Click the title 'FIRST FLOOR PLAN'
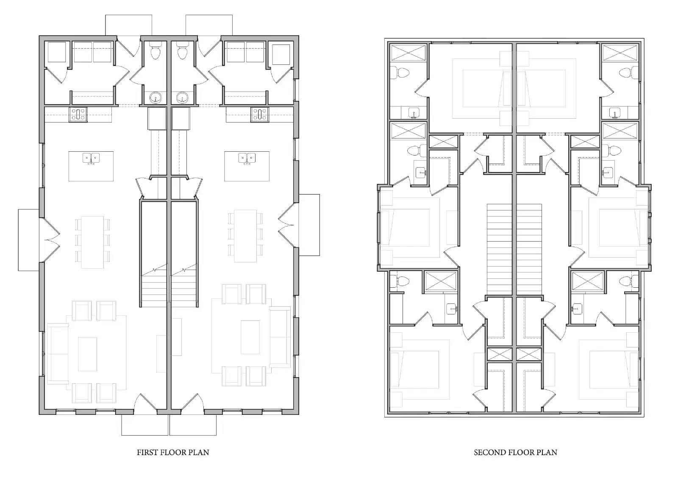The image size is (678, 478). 172,452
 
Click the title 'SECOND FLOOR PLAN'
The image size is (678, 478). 515,452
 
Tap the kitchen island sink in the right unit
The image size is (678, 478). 247,158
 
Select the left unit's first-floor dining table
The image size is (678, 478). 92,242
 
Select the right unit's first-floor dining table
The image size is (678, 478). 245,236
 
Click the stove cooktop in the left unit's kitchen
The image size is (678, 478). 78,114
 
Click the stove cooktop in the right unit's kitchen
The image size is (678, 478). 259,114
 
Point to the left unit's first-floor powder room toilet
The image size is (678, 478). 155,52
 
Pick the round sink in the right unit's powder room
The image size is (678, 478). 183,97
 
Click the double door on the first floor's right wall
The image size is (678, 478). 287,225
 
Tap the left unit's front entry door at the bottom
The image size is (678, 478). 145,404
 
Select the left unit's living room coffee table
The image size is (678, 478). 87,354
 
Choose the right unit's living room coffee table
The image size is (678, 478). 250,337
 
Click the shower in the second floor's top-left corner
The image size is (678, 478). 408,53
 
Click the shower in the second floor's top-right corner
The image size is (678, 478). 620,53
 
